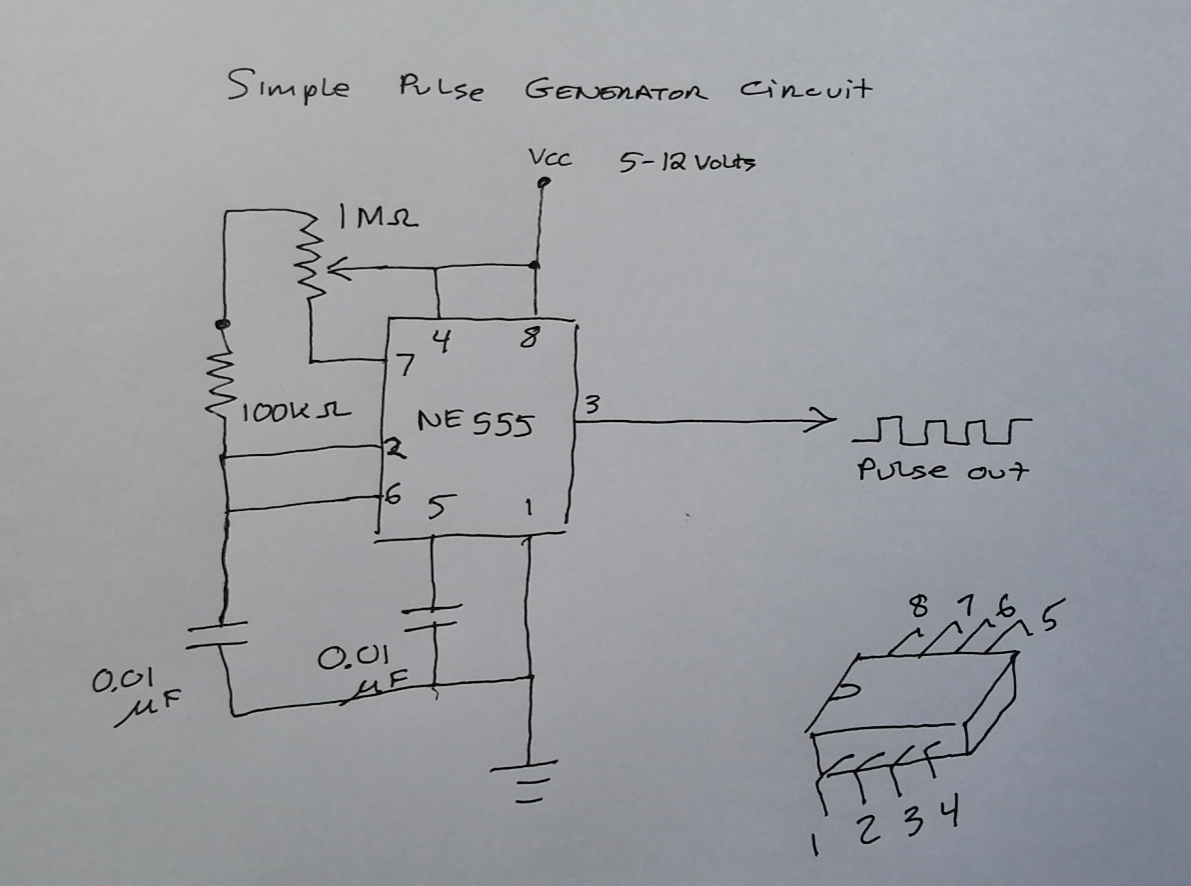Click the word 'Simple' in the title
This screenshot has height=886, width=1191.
(x=289, y=87)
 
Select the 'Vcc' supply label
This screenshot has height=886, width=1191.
(x=549, y=158)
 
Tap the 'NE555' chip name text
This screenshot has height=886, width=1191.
(x=475, y=423)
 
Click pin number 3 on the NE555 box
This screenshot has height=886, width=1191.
(x=591, y=404)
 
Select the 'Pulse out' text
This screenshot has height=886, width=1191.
(x=941, y=470)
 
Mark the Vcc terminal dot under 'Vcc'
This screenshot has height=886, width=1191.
(x=543, y=183)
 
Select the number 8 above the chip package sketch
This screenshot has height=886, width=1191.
(x=919, y=606)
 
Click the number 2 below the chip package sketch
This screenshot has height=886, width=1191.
(x=868, y=828)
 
